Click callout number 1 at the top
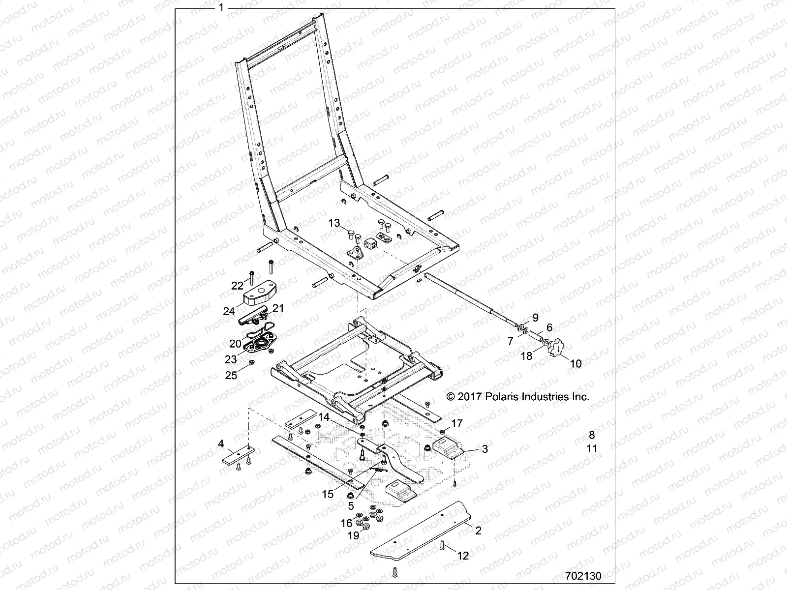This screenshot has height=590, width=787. pos(221,7)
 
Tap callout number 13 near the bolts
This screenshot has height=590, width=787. pos(334,223)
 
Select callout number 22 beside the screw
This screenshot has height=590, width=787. pos(238,286)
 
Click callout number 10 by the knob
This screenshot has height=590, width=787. pos(575,364)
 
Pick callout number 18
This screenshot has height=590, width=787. pos(527,355)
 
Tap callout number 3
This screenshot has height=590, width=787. pos(484,449)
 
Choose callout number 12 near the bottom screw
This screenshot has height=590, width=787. pos(463,556)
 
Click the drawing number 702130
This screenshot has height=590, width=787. pos(583,576)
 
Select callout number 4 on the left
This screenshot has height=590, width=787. pos(221,444)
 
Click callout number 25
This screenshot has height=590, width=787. pos(231,375)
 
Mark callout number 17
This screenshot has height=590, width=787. pos(457,423)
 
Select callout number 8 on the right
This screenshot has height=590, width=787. pos(592,435)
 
